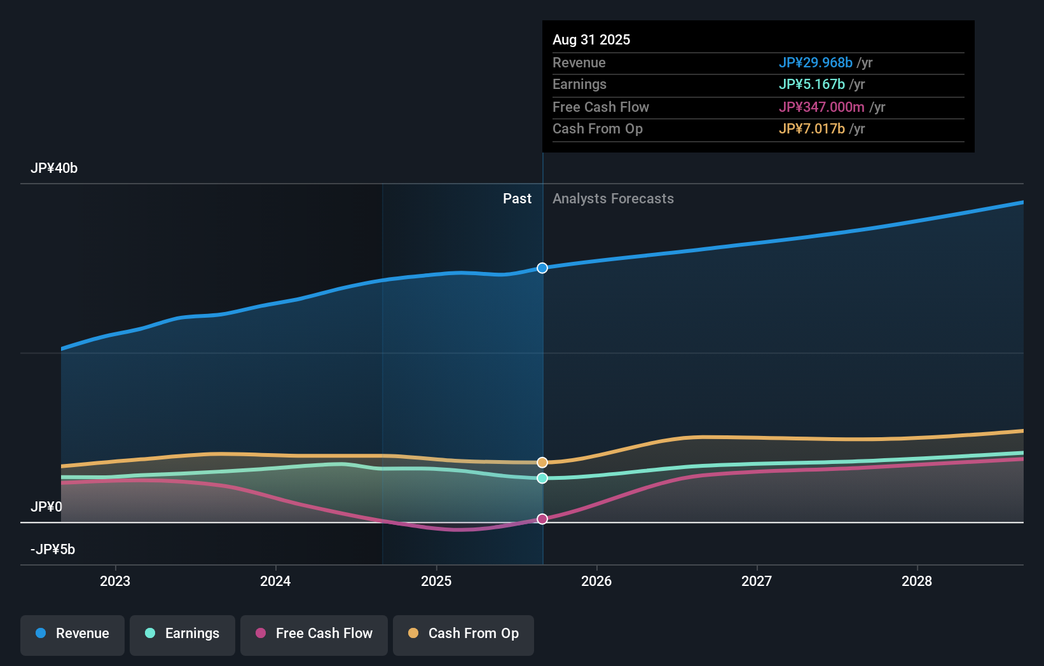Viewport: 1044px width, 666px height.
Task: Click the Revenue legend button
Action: (72, 634)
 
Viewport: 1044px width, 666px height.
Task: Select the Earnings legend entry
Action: (182, 634)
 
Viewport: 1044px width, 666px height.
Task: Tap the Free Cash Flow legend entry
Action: (314, 634)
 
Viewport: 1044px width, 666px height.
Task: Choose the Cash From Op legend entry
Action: (464, 634)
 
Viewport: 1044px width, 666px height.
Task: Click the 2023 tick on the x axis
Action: (115, 581)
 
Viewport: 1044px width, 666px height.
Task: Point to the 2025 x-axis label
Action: (436, 581)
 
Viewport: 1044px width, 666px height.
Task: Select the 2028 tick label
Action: (917, 581)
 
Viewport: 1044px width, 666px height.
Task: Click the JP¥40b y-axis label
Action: (54, 168)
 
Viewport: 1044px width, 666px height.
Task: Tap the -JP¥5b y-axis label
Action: (53, 550)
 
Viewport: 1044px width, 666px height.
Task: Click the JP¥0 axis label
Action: (46, 507)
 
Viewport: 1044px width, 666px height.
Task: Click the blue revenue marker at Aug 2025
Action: (542, 268)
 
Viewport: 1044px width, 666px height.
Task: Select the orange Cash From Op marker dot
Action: (542, 463)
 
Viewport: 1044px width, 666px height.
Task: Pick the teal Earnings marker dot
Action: (542, 478)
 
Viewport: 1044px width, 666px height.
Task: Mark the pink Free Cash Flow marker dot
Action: (542, 519)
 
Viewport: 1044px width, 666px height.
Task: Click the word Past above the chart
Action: (517, 199)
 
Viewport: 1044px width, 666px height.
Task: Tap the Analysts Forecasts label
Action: (613, 199)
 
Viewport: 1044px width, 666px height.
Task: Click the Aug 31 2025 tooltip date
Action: (591, 40)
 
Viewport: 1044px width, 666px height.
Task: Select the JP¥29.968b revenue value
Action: (815, 63)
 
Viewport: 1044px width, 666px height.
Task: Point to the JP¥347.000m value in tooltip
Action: (821, 107)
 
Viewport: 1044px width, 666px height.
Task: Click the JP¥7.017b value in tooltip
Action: (811, 129)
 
